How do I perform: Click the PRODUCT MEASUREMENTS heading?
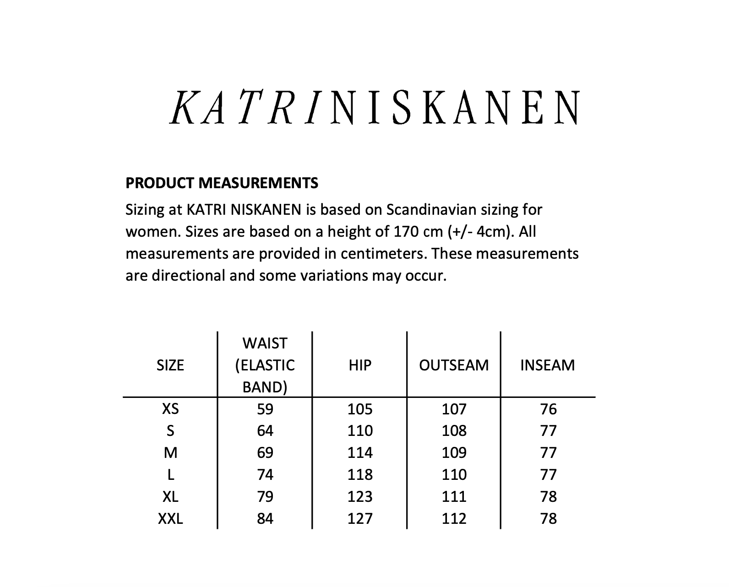(222, 183)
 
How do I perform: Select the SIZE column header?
(170, 365)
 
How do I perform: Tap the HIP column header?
(360, 365)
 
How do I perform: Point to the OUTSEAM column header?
(454, 365)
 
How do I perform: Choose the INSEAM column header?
(548, 365)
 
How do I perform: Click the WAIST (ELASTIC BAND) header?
(265, 365)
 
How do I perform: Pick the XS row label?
(170, 409)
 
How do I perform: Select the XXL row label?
(170, 519)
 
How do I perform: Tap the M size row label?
(170, 453)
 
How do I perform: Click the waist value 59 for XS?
(265, 409)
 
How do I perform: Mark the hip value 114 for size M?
(360, 453)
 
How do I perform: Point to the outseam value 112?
(454, 519)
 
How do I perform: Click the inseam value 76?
(548, 409)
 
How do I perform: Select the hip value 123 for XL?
(360, 497)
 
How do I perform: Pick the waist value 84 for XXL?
(265, 519)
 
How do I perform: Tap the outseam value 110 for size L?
(454, 475)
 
